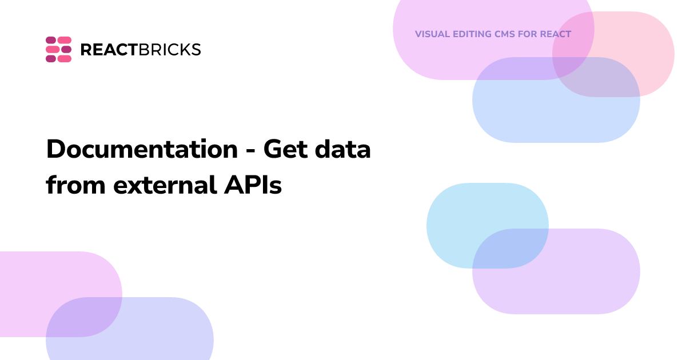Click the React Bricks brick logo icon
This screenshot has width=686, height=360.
tap(58, 49)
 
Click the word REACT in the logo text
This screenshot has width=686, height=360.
tap(109, 50)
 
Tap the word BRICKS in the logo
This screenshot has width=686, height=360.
tap(170, 50)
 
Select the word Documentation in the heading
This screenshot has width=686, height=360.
tap(142, 149)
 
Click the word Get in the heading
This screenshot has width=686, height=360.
tap(285, 149)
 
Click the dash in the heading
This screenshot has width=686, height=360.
tap(250, 151)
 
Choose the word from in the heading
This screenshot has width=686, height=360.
tap(76, 185)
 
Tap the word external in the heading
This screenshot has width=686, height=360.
tap(165, 185)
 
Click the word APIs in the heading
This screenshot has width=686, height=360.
tap(253, 185)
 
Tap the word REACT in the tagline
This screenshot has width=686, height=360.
tap(556, 34)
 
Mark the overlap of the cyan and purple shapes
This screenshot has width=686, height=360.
tap(510, 249)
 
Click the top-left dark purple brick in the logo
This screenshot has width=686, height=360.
tap(51, 40)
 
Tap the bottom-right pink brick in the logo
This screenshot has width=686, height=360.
tap(65, 59)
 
